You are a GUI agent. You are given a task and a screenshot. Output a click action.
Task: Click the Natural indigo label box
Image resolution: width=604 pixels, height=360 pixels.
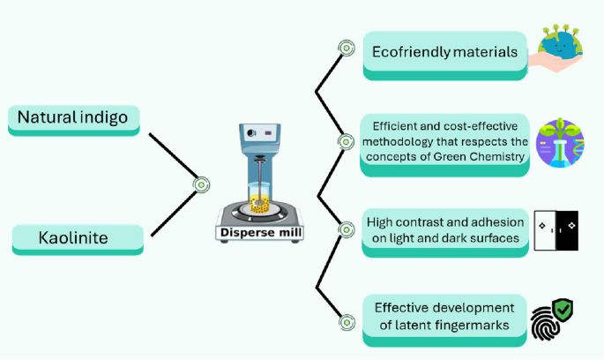pos(73,117)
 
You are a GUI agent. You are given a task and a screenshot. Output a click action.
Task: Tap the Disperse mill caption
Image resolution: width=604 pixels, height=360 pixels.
pos(256,233)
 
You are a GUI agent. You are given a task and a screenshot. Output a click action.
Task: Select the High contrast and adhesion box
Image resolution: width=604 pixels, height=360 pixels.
pos(445,230)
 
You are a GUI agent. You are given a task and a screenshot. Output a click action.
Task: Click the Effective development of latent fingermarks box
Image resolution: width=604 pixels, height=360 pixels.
pos(444,315)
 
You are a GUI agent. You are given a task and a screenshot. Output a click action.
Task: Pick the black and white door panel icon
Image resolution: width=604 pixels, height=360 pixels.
pos(556,230)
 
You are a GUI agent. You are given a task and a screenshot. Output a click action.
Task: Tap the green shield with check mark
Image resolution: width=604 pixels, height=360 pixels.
pos(562,310)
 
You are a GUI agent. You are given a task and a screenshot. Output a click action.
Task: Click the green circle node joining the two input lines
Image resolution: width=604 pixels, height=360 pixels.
pos(201,184)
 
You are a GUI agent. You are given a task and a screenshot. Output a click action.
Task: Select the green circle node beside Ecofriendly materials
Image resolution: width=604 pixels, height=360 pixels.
pos(347,49)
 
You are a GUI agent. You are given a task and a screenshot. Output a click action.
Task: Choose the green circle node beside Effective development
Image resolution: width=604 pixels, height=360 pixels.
pos(347,322)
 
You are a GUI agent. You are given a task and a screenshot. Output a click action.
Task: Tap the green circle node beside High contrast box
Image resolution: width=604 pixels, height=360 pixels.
pos(347,229)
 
